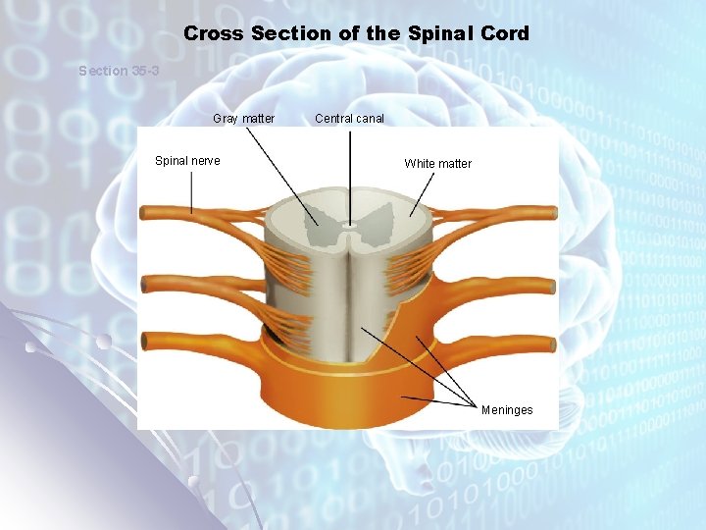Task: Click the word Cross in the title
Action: [x=214, y=33]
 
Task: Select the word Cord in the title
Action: [x=504, y=33]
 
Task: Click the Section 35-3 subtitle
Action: [x=119, y=71]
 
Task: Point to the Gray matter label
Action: [x=244, y=119]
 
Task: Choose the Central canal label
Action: [x=349, y=119]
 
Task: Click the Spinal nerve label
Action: [x=187, y=160]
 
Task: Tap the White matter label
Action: [x=437, y=164]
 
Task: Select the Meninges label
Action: [x=507, y=409]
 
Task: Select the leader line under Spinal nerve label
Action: [x=192, y=191]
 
